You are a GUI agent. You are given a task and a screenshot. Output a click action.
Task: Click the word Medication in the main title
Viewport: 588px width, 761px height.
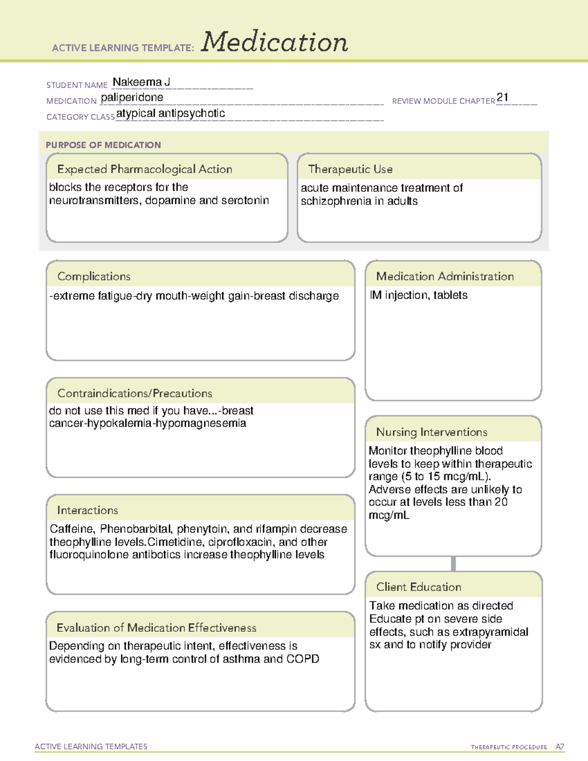(274, 42)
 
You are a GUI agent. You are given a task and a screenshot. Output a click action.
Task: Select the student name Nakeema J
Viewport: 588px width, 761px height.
(141, 82)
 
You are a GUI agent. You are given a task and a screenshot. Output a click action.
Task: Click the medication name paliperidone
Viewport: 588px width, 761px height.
(132, 98)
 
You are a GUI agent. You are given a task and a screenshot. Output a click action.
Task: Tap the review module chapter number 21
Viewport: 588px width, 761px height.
(502, 97)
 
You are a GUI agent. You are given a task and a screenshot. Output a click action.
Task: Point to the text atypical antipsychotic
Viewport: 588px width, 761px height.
(171, 113)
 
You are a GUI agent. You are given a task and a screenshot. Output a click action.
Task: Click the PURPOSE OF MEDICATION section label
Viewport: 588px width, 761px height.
(103, 145)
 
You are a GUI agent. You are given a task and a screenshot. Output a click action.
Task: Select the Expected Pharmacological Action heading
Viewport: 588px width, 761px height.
(145, 169)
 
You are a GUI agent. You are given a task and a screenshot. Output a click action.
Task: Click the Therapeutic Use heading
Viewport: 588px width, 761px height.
(350, 169)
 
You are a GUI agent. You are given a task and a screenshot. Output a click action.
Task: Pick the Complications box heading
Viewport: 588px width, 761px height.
(94, 276)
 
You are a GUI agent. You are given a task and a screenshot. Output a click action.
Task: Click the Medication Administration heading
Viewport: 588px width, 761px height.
(444, 276)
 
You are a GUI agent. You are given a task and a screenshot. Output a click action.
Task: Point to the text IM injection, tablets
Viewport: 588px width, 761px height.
(418, 295)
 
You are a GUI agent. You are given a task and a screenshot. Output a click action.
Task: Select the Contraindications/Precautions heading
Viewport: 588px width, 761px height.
(134, 393)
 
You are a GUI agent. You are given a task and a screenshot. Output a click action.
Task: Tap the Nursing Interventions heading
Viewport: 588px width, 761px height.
(431, 432)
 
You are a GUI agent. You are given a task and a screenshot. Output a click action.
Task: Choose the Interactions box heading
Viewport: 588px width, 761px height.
(87, 510)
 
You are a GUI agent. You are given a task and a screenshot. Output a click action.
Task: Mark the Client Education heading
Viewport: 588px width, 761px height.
(418, 587)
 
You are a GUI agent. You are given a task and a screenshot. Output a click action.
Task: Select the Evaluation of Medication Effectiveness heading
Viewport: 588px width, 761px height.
(156, 628)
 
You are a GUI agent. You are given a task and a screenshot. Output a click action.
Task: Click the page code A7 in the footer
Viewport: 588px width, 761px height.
(560, 747)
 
